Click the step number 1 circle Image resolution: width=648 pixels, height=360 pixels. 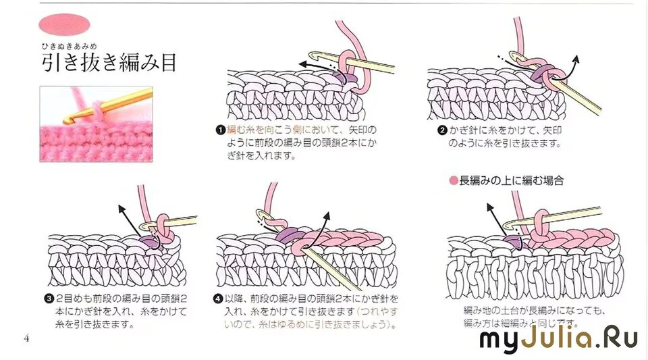click(x=221, y=129)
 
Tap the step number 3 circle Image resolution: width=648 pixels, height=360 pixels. click(x=50, y=298)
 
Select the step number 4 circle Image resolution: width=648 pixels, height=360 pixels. click(x=218, y=298)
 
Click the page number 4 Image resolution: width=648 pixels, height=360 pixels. click(x=26, y=338)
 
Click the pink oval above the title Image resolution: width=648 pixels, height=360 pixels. click(x=64, y=24)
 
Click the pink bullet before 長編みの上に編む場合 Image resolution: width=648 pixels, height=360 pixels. click(x=453, y=181)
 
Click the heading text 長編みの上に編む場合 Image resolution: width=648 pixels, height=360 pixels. click(x=511, y=181)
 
